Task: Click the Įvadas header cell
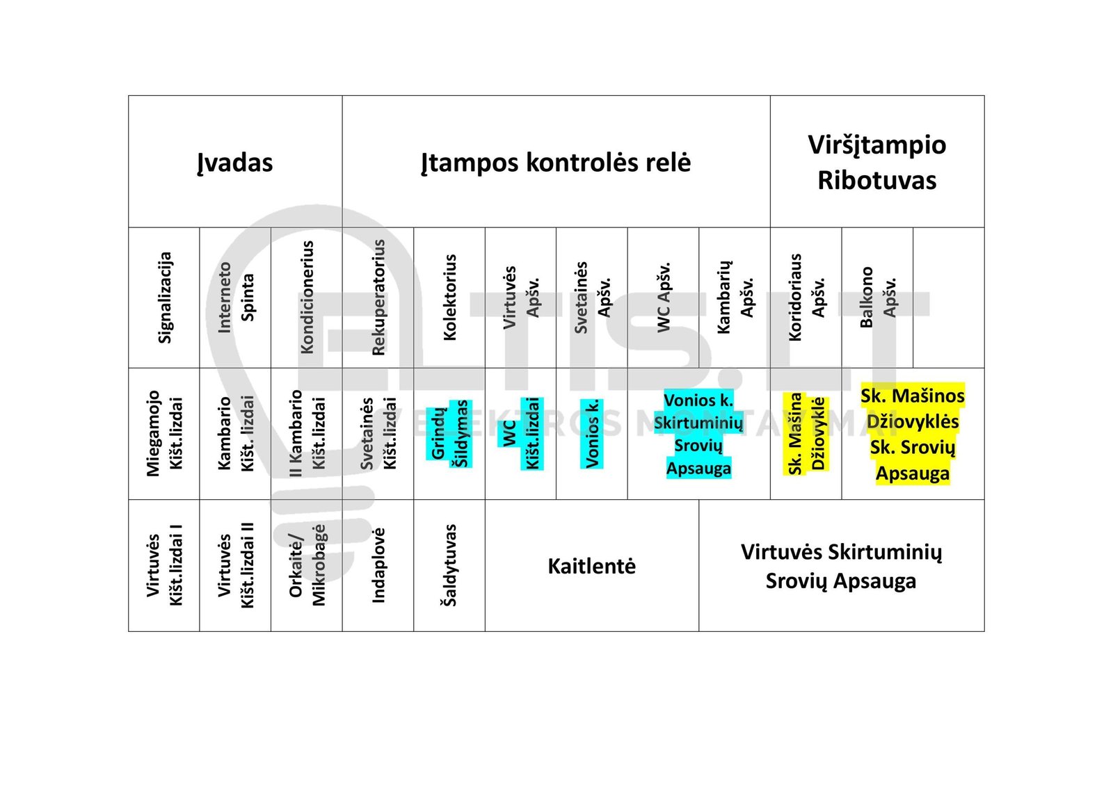pos(235,162)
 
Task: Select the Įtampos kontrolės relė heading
pos(556,163)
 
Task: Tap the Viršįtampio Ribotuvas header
pos(877,162)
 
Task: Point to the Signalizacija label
pos(164,298)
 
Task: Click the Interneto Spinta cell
pos(236,298)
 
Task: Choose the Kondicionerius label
pos(307,298)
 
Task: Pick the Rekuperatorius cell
pos(378,298)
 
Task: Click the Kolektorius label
pos(449,298)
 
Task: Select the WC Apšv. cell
pos(664,298)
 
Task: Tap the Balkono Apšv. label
pos(877,298)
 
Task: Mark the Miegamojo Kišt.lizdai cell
pos(164,433)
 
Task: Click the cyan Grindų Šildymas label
pos(449,433)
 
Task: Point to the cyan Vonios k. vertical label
pos(592,433)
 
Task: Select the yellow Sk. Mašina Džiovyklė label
pos(806,433)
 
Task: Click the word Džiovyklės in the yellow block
pos(913,421)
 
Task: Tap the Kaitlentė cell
pos(592,565)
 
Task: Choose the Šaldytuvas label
pos(449,565)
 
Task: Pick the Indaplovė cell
pos(378,565)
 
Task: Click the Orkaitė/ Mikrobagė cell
pos(307,565)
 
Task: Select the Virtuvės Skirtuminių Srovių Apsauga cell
pos(842,565)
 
